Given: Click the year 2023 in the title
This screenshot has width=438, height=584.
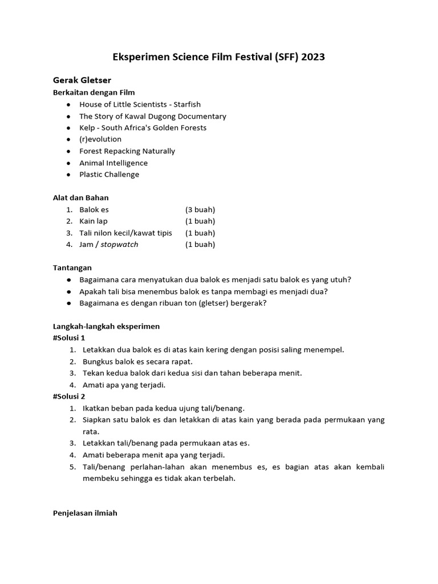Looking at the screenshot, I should [x=313, y=57].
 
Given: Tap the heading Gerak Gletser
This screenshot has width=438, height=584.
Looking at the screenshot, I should [x=82, y=80].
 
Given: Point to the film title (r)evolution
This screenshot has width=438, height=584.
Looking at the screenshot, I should [x=100, y=139].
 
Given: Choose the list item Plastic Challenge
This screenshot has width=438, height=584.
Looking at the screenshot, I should [x=109, y=175].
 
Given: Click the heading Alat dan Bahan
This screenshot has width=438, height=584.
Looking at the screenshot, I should [x=80, y=198].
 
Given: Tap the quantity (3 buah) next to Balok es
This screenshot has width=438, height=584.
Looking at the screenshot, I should [x=200, y=209].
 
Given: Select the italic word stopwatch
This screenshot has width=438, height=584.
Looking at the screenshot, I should [x=119, y=245].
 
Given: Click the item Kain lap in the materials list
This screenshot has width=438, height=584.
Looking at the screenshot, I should [x=94, y=221].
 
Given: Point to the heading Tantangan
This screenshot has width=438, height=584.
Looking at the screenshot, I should [x=72, y=267].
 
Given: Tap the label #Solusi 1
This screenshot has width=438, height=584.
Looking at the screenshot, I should [x=68, y=338].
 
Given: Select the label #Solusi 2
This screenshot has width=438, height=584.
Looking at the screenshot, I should [x=68, y=396].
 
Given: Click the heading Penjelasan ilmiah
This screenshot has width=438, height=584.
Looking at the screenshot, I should [x=85, y=513].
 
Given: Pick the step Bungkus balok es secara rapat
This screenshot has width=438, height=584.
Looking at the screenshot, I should [x=137, y=362].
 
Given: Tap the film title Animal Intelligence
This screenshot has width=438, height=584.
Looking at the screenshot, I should [x=113, y=163].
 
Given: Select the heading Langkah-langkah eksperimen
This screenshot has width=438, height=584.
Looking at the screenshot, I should [x=106, y=326].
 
